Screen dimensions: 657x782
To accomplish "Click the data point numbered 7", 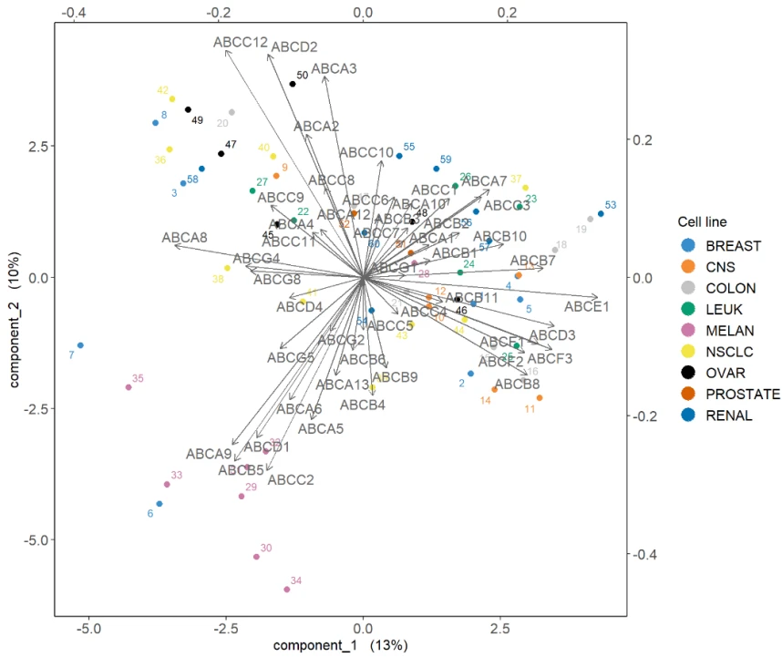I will click(80, 345).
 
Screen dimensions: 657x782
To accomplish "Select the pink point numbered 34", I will click(286, 590).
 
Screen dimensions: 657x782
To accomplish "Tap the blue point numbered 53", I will click(601, 214).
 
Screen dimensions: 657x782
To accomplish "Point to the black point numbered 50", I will click(293, 84).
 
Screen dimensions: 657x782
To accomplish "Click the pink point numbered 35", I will click(129, 387).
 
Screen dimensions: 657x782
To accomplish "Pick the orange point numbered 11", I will click(540, 398).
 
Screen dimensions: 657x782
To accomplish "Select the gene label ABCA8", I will click(185, 239).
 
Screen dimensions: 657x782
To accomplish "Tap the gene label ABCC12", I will click(241, 42).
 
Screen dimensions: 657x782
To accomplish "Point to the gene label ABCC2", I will click(291, 479).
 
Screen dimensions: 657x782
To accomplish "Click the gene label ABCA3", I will click(334, 68).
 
